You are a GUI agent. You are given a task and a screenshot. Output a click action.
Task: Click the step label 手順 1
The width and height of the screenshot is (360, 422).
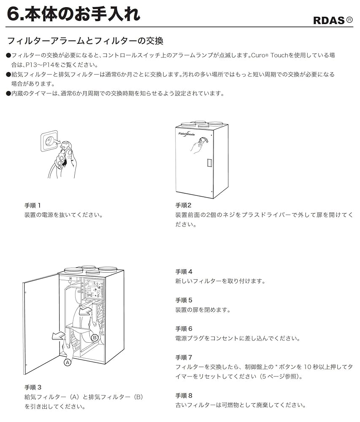point(32,206)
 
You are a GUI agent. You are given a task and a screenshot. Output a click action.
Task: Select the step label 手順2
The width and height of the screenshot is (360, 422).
point(184,206)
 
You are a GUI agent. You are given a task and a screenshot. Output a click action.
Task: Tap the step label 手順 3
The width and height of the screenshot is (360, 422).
point(33,387)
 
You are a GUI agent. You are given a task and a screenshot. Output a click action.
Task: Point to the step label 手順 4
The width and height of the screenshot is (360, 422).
point(184,272)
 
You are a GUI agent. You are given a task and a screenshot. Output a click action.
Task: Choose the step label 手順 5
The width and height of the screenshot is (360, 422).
point(184,300)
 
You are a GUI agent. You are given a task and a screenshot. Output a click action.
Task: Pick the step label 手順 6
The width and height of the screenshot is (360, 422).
point(184,328)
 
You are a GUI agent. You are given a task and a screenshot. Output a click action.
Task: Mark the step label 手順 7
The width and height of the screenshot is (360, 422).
point(184,357)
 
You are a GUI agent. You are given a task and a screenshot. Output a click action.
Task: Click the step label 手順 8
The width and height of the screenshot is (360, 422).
point(184,395)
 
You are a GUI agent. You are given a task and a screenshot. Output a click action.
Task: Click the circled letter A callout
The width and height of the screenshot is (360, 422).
point(67,362)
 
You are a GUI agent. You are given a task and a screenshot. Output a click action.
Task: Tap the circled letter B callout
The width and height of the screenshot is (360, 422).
point(95,337)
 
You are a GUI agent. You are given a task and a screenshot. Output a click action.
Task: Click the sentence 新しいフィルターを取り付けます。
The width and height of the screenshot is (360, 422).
point(220,281)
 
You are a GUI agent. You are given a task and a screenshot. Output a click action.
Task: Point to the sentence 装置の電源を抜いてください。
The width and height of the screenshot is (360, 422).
point(63,215)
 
